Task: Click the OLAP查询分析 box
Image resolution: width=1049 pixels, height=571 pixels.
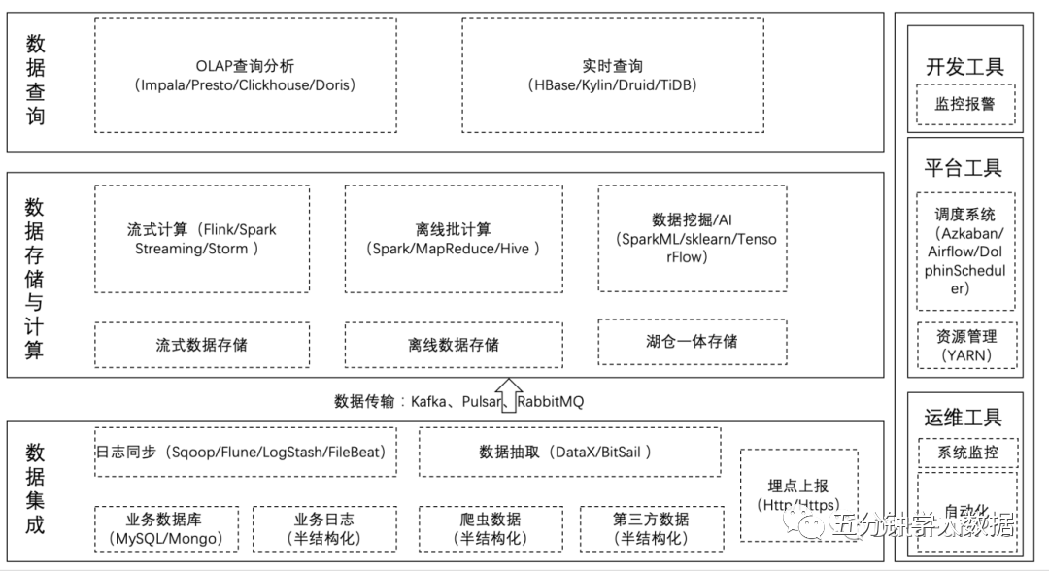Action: pos(245,76)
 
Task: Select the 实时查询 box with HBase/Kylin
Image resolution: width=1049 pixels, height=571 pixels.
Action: pos(612,76)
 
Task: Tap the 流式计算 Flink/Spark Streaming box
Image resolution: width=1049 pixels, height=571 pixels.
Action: pos(202,238)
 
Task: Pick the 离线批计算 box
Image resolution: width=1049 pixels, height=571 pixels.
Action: pos(454,238)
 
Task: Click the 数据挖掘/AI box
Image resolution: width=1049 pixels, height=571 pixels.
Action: pos(692,238)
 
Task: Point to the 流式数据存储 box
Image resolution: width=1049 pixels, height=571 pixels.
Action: pos(202,345)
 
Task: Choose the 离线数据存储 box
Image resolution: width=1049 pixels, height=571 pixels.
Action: pos(454,345)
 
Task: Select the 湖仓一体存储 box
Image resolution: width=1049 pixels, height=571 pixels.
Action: pos(692,342)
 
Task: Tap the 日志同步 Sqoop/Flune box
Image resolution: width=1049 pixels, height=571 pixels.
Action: pos(245,453)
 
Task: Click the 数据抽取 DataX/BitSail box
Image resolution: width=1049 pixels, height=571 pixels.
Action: pos(564,453)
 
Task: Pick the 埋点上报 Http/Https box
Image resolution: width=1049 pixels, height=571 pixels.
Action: pos(797,494)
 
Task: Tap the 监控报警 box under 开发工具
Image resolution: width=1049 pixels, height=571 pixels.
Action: pos(964,104)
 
